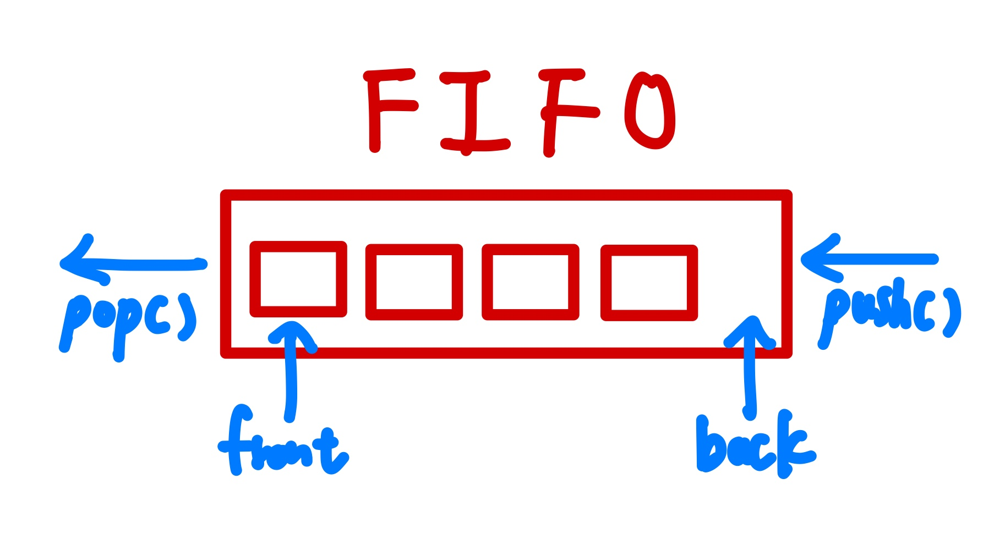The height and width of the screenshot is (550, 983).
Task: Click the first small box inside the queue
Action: (298, 279)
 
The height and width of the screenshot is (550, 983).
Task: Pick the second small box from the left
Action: (414, 282)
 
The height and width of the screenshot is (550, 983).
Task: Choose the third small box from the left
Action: (530, 282)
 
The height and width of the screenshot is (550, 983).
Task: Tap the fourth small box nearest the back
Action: (649, 283)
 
